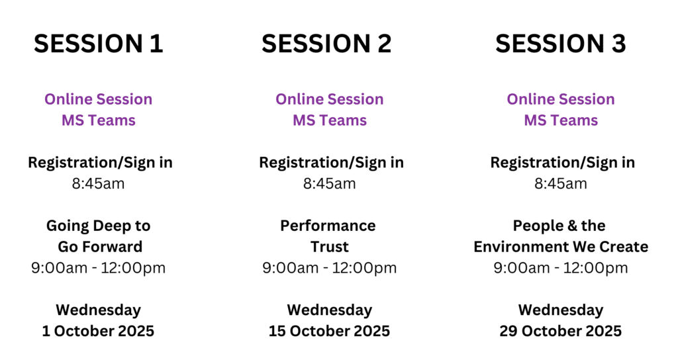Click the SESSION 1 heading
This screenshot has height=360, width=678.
[x=99, y=44]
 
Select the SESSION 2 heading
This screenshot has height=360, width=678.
[x=326, y=44]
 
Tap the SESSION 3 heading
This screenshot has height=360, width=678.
[x=560, y=44]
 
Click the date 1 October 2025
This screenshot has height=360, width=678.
[x=98, y=331]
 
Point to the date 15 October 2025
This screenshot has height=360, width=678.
[x=330, y=331]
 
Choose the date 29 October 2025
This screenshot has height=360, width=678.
[x=560, y=331]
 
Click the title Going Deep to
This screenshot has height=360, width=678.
[x=98, y=226]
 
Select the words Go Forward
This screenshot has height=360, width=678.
[x=100, y=247]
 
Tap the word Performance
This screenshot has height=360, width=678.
[x=328, y=226]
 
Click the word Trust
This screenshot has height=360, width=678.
[x=330, y=247]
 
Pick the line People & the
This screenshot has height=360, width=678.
[x=559, y=226]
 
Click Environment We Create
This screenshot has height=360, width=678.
[x=561, y=247]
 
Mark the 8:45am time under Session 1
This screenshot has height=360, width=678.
[x=98, y=184]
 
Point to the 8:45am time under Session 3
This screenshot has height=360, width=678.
[x=561, y=184]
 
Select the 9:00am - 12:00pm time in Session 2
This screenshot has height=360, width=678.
[x=330, y=268]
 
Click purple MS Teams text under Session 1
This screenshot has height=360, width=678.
[x=99, y=120]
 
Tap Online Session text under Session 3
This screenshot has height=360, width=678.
[x=561, y=99]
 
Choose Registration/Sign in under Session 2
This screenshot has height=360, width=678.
[x=331, y=163]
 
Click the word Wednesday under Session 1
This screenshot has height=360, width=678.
[x=98, y=310]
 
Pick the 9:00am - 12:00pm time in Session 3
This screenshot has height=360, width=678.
[x=561, y=268]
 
